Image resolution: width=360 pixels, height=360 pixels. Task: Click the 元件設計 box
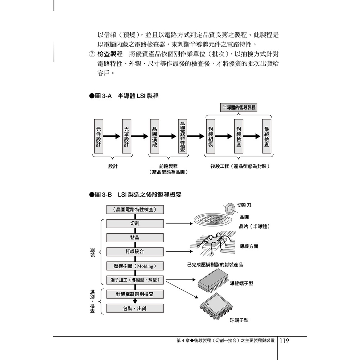click(x=99, y=136)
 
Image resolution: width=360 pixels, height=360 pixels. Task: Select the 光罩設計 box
click(x=126, y=136)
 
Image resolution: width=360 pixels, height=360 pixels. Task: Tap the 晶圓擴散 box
click(x=154, y=136)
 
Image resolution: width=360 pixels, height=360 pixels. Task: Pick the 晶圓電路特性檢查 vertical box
click(x=183, y=136)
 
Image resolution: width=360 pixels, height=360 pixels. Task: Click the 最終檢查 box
click(x=267, y=136)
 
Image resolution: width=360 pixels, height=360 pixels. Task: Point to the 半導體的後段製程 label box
click(x=239, y=108)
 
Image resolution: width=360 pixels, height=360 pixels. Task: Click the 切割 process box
click(x=135, y=224)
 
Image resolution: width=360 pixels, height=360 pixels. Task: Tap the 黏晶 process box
click(x=135, y=238)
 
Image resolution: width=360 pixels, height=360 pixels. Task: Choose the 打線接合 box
click(x=135, y=251)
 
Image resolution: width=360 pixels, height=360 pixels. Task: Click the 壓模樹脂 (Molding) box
click(x=135, y=266)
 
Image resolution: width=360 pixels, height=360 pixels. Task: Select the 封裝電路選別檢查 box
click(x=135, y=294)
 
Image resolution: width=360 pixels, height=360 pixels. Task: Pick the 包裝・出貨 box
click(x=135, y=308)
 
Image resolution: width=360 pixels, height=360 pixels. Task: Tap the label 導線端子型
click(x=242, y=284)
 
